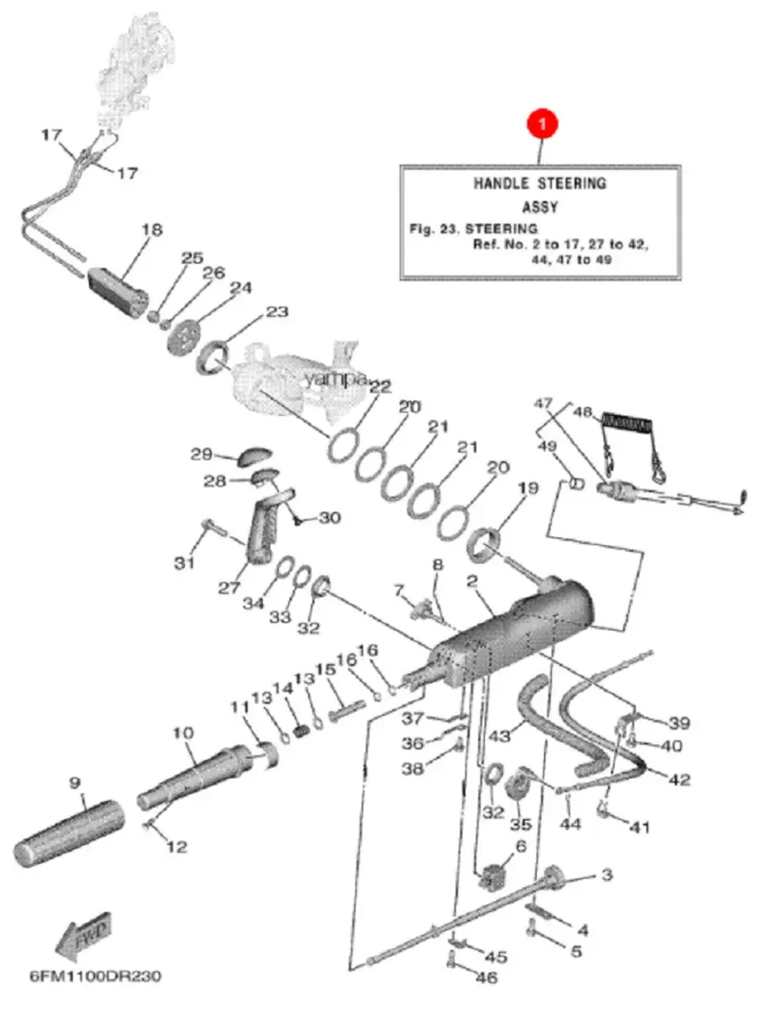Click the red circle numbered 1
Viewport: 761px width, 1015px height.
click(542, 123)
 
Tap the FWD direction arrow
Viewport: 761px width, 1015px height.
click(84, 936)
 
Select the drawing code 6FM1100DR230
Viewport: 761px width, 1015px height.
click(95, 976)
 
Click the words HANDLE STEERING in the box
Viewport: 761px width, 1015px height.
click(540, 184)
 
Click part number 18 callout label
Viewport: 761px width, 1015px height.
click(152, 229)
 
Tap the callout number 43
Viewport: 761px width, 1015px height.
click(499, 736)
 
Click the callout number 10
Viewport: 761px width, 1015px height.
click(183, 733)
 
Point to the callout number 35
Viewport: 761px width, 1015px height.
click(521, 824)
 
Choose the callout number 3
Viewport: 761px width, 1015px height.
click(607, 874)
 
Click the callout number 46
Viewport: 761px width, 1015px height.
click(486, 977)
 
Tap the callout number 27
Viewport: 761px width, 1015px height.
click(229, 587)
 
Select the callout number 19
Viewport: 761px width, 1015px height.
click(527, 488)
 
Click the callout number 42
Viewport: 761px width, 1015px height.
click(679, 779)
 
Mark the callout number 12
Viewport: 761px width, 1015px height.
click(177, 846)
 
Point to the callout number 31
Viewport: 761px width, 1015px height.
click(184, 563)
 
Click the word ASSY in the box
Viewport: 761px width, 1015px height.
click(540, 207)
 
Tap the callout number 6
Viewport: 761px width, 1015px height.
click(521, 846)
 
